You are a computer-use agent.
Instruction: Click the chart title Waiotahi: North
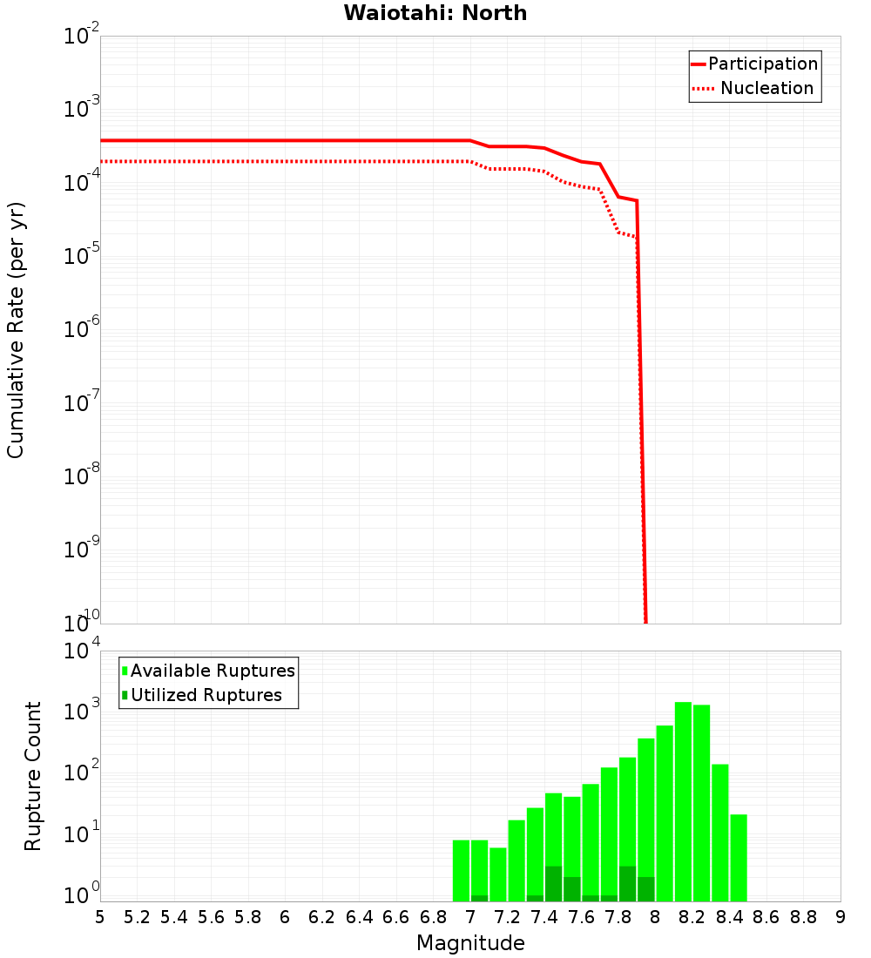tap(435, 13)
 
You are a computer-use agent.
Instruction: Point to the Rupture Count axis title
tap(33, 776)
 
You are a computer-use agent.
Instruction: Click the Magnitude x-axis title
tap(470, 943)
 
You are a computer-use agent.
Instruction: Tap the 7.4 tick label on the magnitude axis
tap(544, 917)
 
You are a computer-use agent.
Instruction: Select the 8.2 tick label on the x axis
tap(692, 917)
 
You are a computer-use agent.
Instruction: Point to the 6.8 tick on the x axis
tap(433, 917)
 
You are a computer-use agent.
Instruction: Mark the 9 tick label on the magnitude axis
tap(841, 917)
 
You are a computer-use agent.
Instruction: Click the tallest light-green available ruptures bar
tap(683, 801)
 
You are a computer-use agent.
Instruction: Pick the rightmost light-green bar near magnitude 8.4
tap(739, 858)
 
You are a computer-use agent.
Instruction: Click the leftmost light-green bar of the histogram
tap(461, 870)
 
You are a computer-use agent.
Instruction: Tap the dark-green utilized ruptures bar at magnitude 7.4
tap(553, 884)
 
